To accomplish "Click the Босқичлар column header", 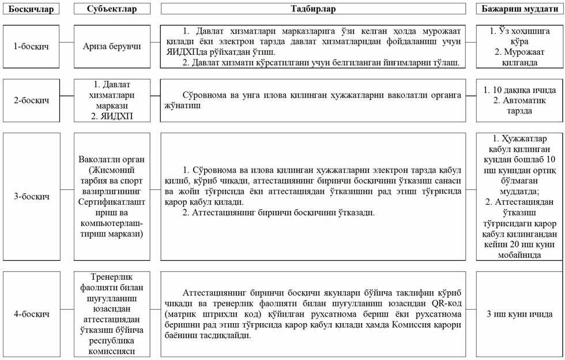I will coord(30,9).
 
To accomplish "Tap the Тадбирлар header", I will coord(313,9).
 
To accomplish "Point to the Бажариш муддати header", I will coord(519,9).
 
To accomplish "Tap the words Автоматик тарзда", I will coord(519,106).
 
